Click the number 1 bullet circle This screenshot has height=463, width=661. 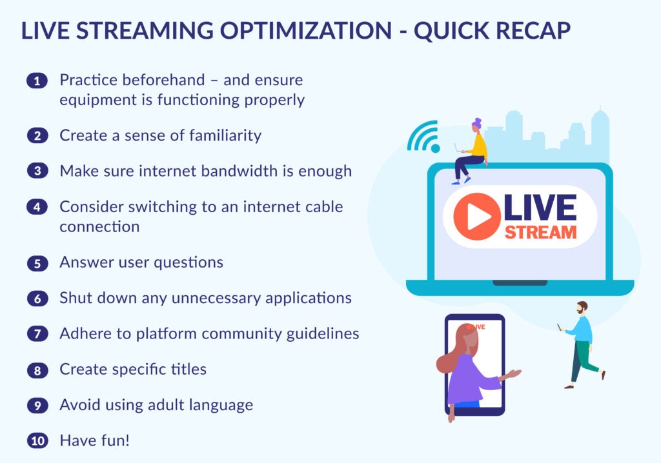point(37,81)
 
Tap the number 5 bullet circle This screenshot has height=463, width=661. point(37,263)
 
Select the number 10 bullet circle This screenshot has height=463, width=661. point(37,441)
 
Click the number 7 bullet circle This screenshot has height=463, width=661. point(37,334)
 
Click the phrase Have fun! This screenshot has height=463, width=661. point(94,441)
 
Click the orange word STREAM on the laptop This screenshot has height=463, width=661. point(540,232)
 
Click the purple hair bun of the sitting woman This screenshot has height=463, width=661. point(477,121)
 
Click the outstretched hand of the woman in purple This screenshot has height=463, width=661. point(514,373)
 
